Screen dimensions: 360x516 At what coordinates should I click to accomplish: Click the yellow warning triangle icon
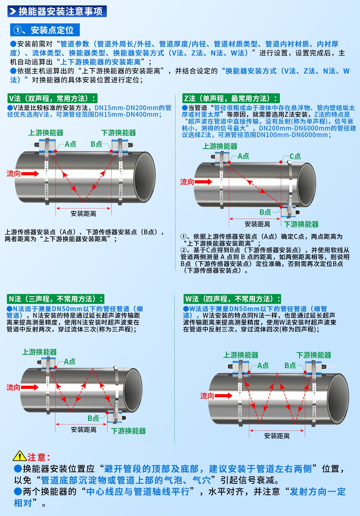coord(20,456)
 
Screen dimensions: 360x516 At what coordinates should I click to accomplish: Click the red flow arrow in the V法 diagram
coord(30,173)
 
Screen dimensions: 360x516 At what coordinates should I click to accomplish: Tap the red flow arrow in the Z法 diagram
coord(203,181)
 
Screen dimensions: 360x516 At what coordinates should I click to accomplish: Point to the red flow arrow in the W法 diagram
coord(223,396)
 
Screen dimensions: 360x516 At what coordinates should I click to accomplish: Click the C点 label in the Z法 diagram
coord(295,156)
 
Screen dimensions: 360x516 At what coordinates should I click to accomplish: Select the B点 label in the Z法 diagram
coord(265,212)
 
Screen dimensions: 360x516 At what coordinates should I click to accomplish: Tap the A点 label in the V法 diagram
coord(70,144)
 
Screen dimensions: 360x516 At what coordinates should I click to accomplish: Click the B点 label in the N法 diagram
coord(93,418)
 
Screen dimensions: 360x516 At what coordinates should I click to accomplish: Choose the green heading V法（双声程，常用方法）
coord(52,98)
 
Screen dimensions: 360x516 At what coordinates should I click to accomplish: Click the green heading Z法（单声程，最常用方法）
coord(231,98)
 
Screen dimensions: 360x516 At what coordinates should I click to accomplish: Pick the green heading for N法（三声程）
coord(55,299)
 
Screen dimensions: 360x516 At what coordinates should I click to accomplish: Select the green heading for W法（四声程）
coord(232,299)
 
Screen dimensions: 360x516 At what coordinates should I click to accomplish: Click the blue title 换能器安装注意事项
coord(57,11)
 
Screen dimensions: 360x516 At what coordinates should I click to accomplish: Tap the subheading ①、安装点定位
coord(45,30)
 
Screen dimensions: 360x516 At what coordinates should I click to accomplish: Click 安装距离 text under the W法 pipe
coord(277,436)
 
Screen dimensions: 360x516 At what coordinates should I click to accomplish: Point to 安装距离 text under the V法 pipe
coord(83,214)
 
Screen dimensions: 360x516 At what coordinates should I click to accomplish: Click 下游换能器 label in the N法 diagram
coord(128,431)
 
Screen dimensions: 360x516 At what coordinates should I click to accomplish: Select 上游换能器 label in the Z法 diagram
coord(220,146)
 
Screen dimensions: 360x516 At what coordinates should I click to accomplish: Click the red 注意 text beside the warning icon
coord(39,457)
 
